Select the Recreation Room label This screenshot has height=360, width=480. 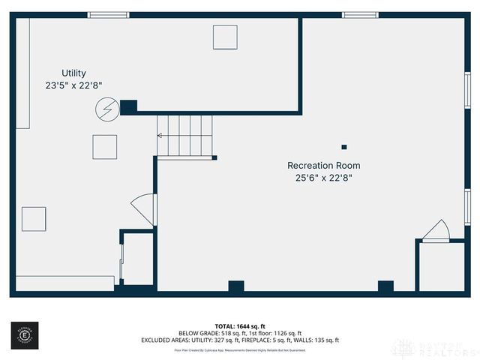(x=323, y=166)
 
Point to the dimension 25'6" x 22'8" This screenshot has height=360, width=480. (x=323, y=178)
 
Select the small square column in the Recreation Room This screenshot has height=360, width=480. (x=344, y=147)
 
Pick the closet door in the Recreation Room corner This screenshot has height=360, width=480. (x=435, y=231)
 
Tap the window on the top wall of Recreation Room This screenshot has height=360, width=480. (x=360, y=14)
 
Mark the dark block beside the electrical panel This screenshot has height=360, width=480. (x=128, y=107)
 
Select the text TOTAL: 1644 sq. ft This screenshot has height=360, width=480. (x=240, y=325)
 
